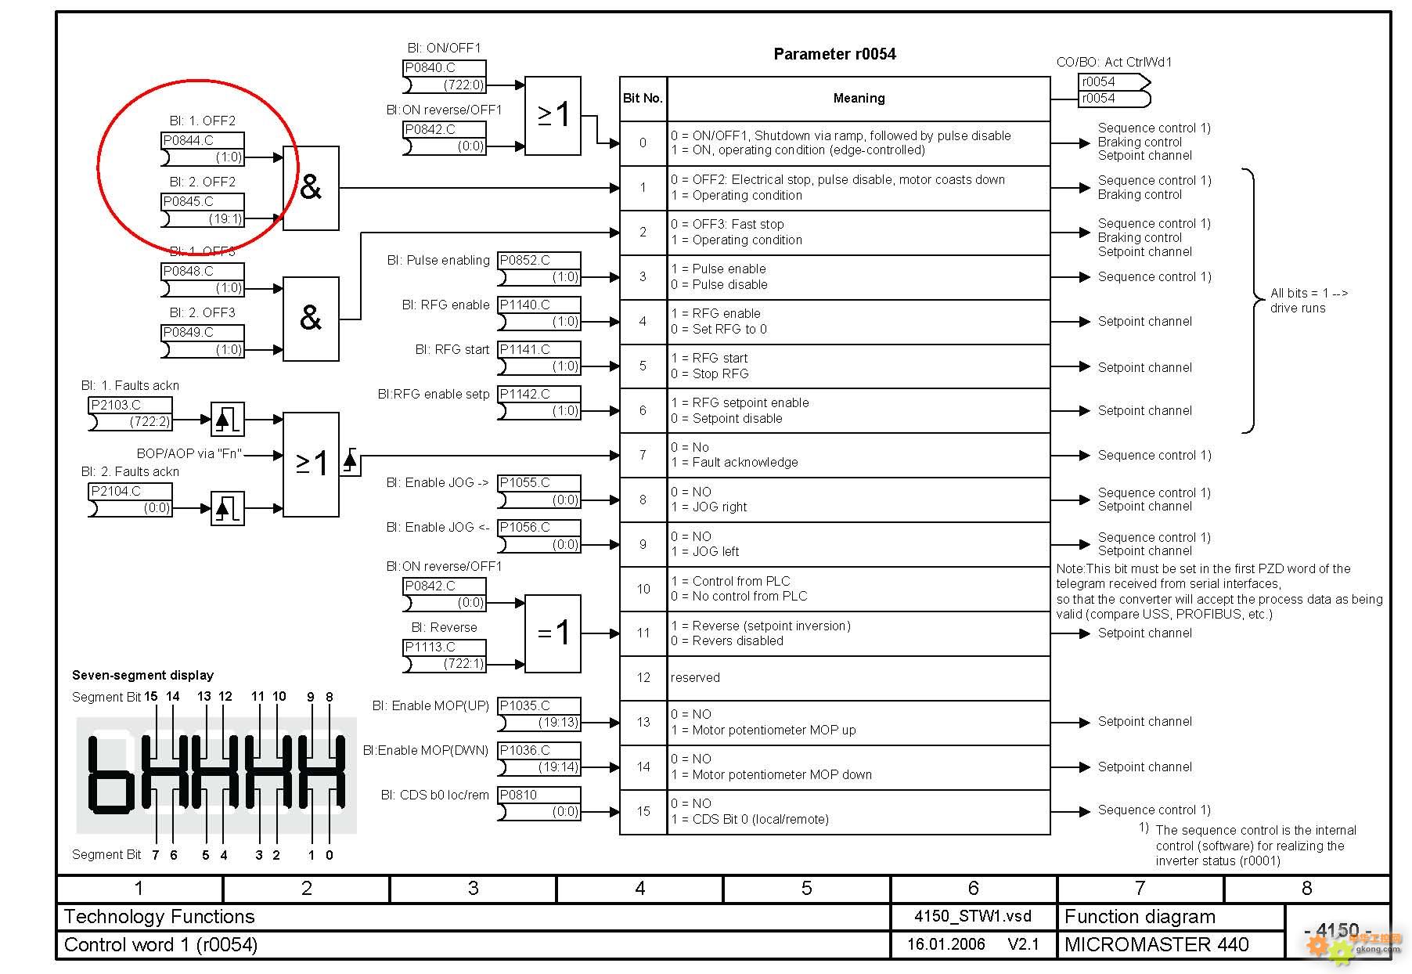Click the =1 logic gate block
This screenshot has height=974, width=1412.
tap(553, 633)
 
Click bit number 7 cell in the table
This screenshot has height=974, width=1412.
tap(643, 455)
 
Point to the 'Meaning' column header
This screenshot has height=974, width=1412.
tap(859, 99)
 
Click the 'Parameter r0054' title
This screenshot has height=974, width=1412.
tap(834, 54)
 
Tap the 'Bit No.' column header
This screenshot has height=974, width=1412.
tap(643, 99)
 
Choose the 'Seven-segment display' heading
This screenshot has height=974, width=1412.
tap(142, 675)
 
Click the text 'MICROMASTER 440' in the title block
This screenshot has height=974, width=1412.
tap(1156, 945)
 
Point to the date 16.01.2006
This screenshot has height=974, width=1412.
tap(946, 945)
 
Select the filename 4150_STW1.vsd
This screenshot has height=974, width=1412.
tap(973, 917)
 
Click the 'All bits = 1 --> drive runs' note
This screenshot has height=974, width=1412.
tap(1308, 301)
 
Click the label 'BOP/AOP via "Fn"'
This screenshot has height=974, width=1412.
tap(189, 453)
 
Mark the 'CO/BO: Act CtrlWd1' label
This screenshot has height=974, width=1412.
tap(1114, 63)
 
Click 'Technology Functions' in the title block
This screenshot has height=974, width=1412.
tap(159, 917)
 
